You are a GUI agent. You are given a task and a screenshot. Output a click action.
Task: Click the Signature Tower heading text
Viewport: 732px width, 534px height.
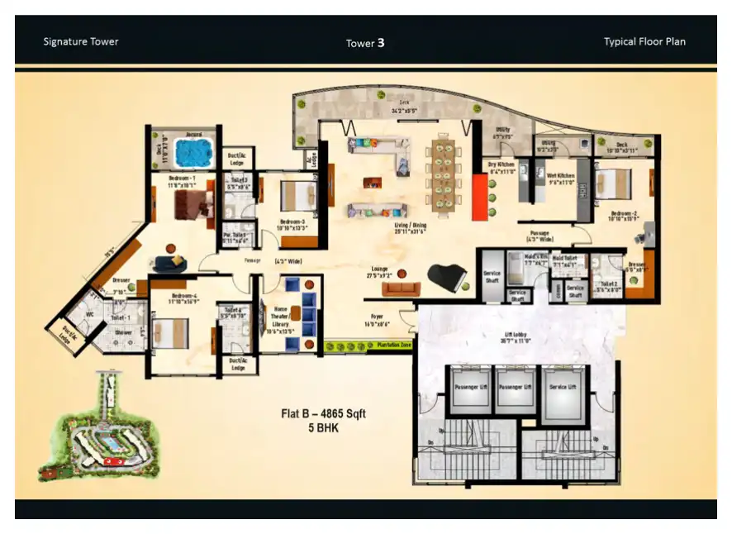(x=81, y=41)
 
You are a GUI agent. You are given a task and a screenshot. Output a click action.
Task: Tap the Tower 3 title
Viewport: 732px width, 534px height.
(x=365, y=43)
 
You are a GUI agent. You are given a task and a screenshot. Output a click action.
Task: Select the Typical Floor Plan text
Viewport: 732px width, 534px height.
(x=644, y=41)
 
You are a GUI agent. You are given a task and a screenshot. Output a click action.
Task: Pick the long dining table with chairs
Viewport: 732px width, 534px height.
(x=444, y=174)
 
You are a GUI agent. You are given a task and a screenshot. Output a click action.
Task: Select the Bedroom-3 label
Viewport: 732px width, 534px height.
(x=292, y=222)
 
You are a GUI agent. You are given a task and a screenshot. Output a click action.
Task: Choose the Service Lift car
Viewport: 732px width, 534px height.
(x=564, y=389)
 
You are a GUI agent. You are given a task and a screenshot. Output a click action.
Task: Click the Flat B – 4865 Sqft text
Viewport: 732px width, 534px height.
(x=323, y=414)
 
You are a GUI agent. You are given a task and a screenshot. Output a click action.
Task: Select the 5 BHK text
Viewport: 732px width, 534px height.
(x=323, y=430)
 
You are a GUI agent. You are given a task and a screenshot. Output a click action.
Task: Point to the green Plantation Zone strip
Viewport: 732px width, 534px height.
(x=368, y=346)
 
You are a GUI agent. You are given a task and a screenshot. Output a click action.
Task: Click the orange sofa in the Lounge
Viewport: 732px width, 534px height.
(x=402, y=288)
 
